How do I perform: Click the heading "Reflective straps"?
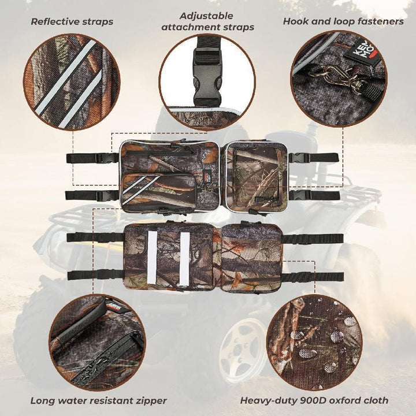[x=72, y=21]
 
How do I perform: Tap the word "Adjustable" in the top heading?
[x=206, y=16]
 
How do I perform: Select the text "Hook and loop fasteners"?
[x=343, y=21]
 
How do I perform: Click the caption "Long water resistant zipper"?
[x=99, y=400]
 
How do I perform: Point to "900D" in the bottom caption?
[x=313, y=400]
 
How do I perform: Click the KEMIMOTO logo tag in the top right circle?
[x=358, y=51]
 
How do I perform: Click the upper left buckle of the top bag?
[x=107, y=158]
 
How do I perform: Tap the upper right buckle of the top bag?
[x=299, y=158]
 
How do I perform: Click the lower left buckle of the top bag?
[x=107, y=196]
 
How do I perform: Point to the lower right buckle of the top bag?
[x=300, y=196]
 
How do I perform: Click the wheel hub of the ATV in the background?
[x=241, y=348]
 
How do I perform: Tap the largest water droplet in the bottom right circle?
[x=308, y=354]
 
